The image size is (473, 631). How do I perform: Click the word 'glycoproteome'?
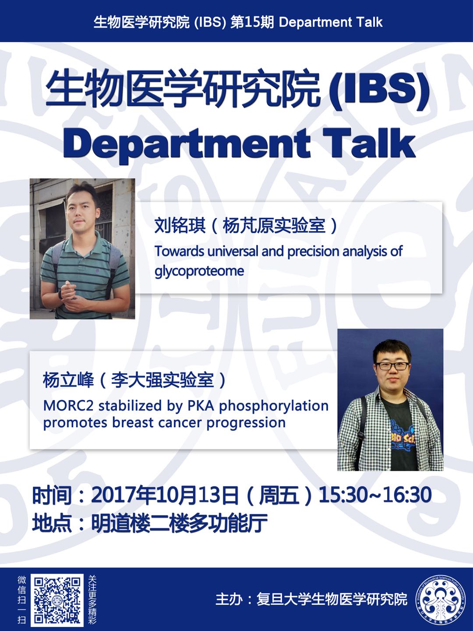pyautogui.click(x=199, y=270)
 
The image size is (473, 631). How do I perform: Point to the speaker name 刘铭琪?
pyautogui.click(x=180, y=225)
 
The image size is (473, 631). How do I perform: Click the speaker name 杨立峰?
pyautogui.click(x=68, y=380)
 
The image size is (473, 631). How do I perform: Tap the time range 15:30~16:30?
pyautogui.click(x=375, y=494)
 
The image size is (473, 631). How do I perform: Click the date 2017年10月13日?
pyautogui.click(x=165, y=494)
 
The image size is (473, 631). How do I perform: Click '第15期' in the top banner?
pyautogui.click(x=252, y=22)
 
